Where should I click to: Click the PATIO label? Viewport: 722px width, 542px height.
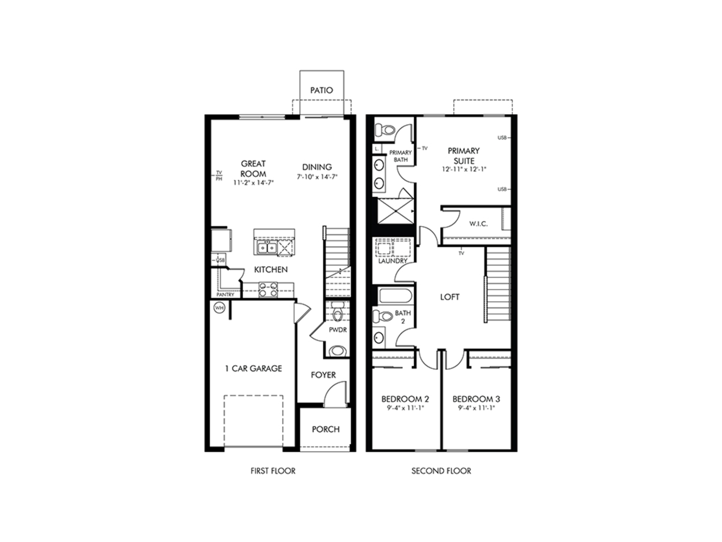[x=321, y=90]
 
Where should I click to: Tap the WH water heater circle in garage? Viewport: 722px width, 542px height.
[x=219, y=308]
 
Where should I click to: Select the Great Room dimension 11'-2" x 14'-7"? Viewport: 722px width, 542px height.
[x=254, y=183]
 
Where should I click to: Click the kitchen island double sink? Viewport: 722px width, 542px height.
[x=267, y=248]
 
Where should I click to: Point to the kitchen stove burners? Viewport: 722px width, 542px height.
[x=268, y=290]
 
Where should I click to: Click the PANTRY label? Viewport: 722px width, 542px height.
[x=225, y=295]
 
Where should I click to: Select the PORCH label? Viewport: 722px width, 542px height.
[x=325, y=429]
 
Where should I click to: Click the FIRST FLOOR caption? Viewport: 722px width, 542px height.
[x=273, y=471]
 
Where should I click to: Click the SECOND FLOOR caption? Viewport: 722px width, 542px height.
[x=441, y=471]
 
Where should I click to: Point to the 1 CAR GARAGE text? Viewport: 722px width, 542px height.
[x=253, y=369]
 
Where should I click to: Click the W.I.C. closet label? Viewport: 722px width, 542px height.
[x=478, y=224]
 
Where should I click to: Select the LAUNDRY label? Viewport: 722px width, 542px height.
[x=393, y=261]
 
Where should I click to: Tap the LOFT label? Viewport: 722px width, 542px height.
[x=449, y=297]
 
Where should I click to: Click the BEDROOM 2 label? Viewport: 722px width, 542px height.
[x=405, y=399]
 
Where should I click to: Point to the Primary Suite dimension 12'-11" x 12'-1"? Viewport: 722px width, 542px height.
[x=464, y=170]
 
